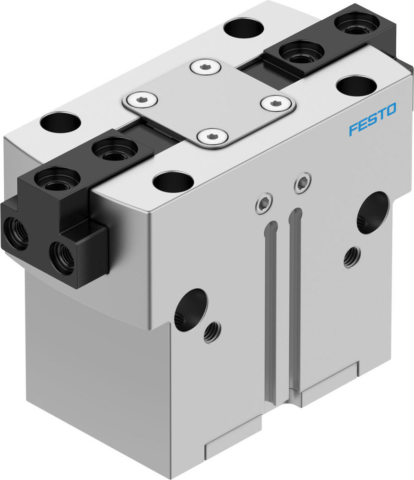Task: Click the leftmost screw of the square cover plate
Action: tap(141, 100)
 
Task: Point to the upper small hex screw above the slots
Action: tap(302, 182)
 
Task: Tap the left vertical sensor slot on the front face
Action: tap(271, 307)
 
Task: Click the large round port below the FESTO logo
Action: tap(372, 212)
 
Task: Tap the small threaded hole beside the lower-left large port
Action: tap(212, 332)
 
